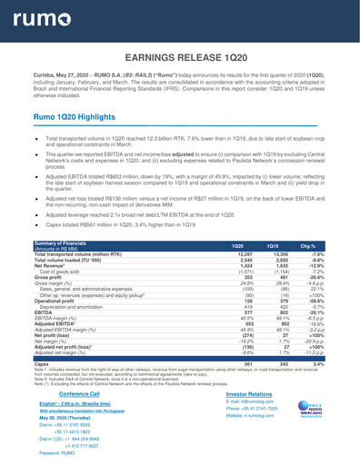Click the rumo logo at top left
[39, 19]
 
